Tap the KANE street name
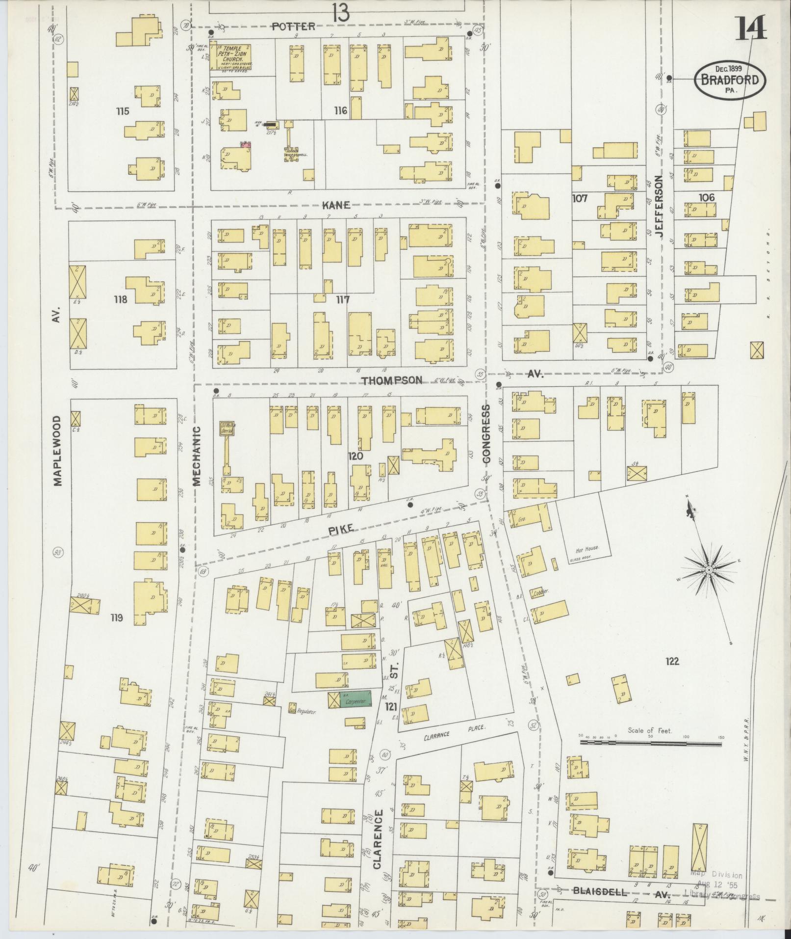[x=336, y=205]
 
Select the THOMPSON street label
[x=392, y=380]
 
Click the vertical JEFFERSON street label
[x=658, y=207]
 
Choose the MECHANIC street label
[x=197, y=456]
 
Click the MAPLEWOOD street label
[x=58, y=451]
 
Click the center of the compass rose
[x=709, y=569]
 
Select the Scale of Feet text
[x=650, y=731]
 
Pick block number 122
[x=672, y=661]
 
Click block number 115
[x=123, y=111]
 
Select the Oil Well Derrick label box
[x=227, y=429]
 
